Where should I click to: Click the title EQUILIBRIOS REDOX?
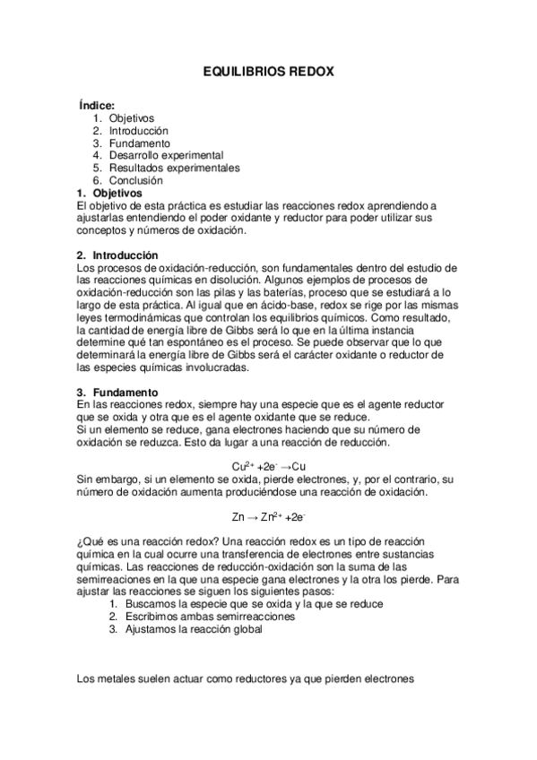(x=268, y=71)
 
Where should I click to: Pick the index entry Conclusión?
(x=136, y=180)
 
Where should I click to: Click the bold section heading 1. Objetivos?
(x=109, y=193)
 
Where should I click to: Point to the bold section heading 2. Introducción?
(x=117, y=255)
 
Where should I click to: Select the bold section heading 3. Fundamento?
(x=117, y=393)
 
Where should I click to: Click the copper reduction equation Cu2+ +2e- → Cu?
(x=269, y=467)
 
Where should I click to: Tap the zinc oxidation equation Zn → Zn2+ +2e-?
(x=269, y=517)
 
